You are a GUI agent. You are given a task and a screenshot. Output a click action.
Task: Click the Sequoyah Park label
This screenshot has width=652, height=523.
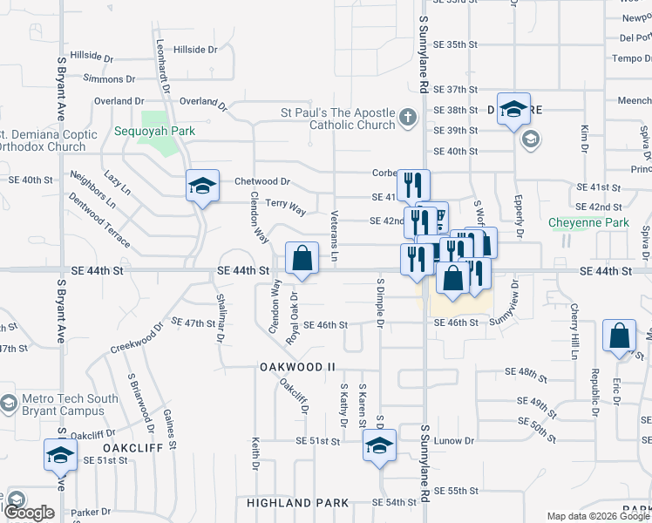(x=146, y=132)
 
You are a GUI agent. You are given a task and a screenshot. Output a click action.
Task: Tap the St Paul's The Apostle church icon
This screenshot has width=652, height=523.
(x=407, y=117)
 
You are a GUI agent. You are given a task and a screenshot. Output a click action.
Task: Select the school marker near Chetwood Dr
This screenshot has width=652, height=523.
(x=202, y=187)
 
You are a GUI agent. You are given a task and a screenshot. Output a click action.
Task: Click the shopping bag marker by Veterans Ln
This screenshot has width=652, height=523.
(x=302, y=259)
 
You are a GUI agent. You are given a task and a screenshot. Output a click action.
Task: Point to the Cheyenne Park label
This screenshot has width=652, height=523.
(x=588, y=223)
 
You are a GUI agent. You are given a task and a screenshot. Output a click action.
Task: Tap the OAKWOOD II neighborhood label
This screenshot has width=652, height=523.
(x=297, y=367)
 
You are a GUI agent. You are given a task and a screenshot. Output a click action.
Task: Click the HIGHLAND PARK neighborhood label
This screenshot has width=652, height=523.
(x=297, y=503)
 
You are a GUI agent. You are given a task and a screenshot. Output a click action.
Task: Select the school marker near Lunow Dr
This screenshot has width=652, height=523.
(x=380, y=445)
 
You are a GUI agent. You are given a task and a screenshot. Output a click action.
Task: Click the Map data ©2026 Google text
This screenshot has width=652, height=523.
(x=598, y=516)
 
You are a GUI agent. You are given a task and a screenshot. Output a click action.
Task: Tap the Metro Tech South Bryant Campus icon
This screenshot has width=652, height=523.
(x=9, y=404)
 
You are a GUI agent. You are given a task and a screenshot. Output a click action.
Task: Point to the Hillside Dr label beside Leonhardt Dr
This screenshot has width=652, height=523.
(x=195, y=50)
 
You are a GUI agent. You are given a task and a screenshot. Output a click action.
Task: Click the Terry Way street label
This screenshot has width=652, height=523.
(x=286, y=210)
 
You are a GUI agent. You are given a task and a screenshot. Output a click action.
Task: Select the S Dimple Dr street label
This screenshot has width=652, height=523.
(x=381, y=304)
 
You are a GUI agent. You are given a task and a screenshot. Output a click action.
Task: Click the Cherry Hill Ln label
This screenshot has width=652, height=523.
(x=575, y=332)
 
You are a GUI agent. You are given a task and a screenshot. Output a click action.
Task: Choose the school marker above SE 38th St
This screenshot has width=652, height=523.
(x=514, y=109)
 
